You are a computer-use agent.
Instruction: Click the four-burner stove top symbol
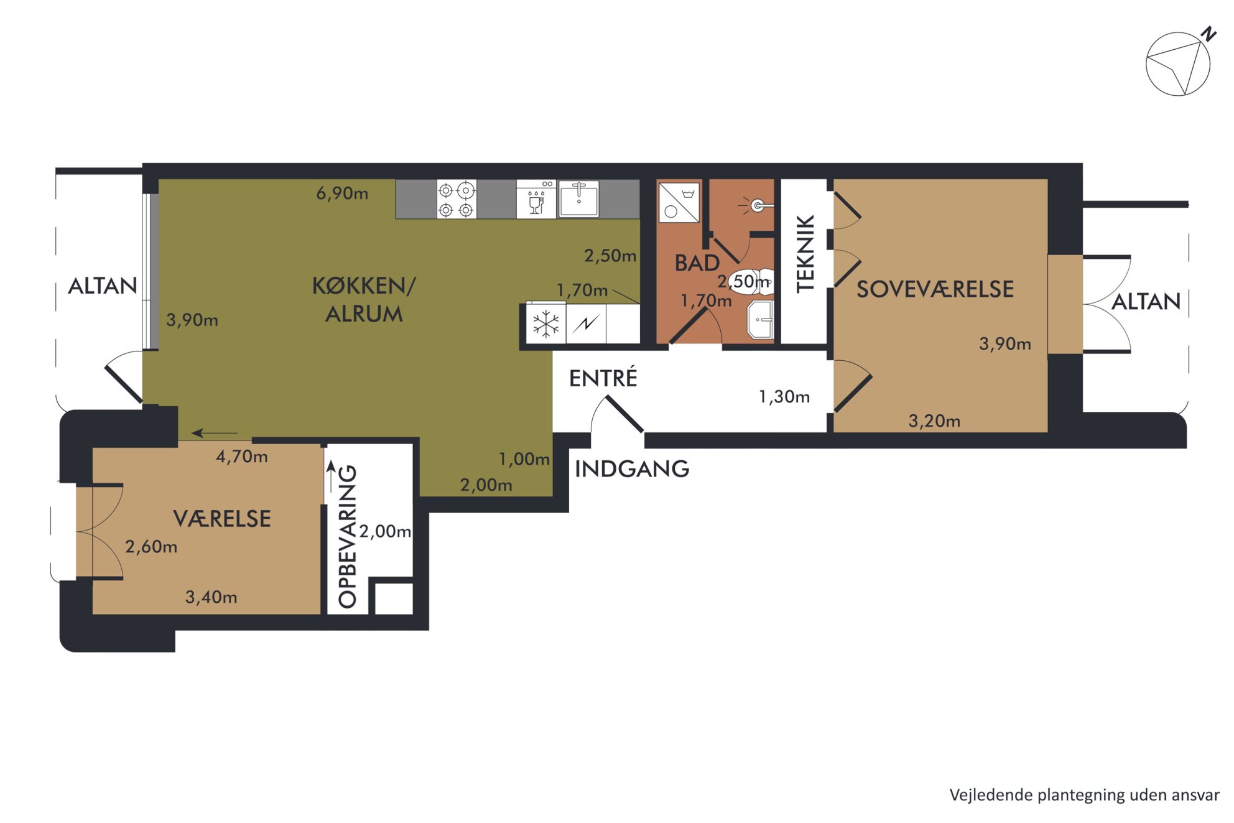point(457,199)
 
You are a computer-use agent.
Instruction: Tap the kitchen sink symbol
point(578,199)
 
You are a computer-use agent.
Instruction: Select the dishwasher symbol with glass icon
point(536,199)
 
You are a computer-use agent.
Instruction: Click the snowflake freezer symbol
point(545,323)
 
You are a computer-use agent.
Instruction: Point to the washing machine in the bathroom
point(679,202)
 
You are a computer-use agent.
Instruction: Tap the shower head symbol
point(756,205)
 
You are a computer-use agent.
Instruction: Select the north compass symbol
point(1180,62)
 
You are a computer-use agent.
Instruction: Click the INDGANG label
point(631,469)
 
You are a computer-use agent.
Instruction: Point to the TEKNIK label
point(805,254)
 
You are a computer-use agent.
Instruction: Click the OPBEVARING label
point(347,536)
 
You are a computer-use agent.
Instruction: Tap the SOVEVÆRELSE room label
point(935,289)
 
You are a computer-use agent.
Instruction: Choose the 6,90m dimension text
point(342,193)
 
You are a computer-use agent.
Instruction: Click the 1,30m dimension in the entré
point(784,397)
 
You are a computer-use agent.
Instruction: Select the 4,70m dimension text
point(242,457)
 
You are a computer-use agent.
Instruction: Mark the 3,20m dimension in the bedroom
point(934,421)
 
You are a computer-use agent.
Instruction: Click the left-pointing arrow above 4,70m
point(215,433)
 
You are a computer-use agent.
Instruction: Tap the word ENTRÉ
point(603,378)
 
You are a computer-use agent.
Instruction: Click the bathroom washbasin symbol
point(761,320)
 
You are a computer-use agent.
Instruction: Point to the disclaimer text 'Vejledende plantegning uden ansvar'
point(1084,795)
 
